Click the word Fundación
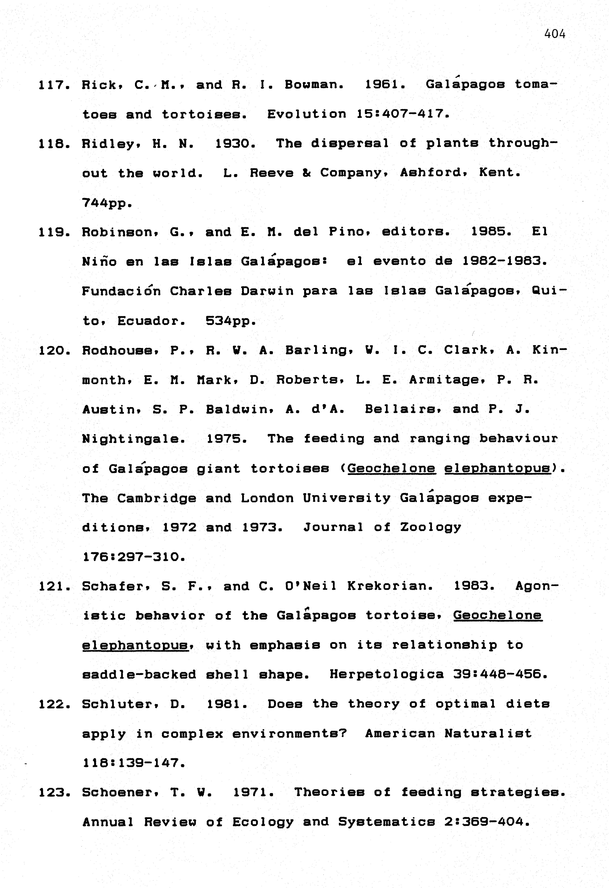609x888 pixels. (x=121, y=291)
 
